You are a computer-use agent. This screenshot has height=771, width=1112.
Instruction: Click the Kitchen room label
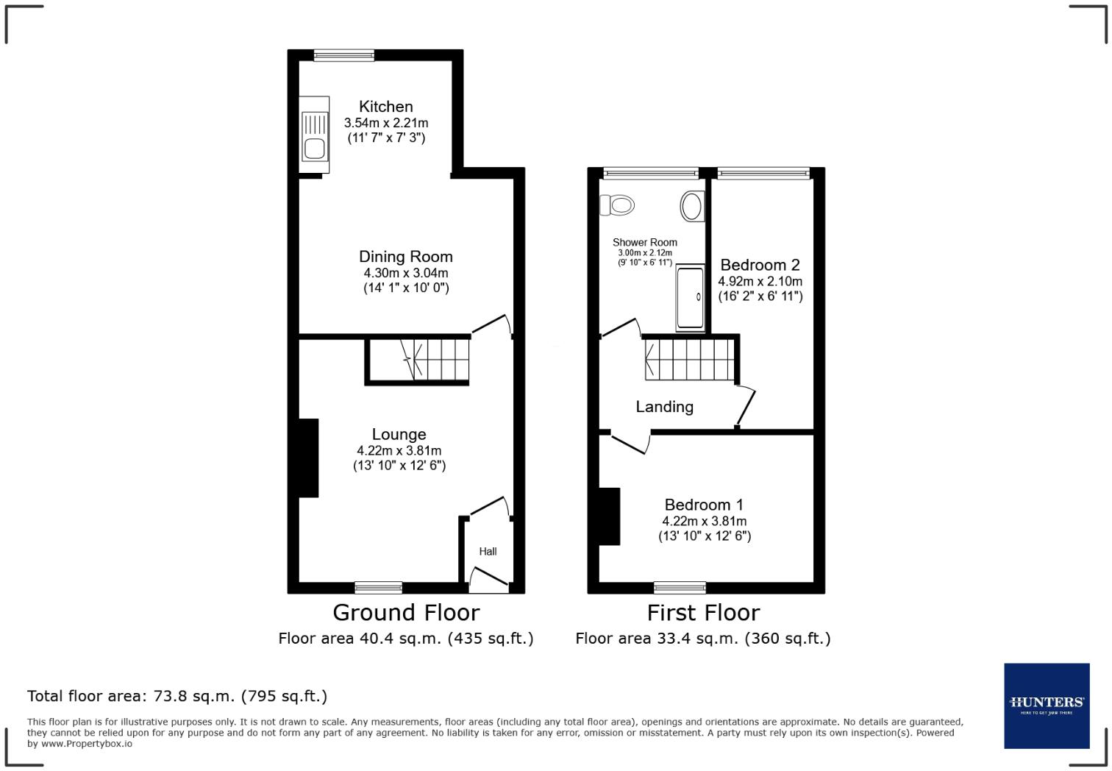click(385, 107)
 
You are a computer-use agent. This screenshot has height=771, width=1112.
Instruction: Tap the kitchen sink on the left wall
click(314, 135)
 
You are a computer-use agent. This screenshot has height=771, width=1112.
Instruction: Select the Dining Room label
click(405, 257)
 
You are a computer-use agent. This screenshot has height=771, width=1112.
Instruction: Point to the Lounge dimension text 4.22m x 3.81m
click(399, 450)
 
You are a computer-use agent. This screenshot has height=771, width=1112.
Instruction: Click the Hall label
click(488, 551)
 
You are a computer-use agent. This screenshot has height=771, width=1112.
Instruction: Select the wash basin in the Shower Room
click(692, 206)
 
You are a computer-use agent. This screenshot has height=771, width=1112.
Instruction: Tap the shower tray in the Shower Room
click(690, 298)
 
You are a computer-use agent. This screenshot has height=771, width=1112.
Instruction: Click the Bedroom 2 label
click(760, 265)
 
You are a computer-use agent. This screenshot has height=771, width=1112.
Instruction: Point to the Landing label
click(664, 407)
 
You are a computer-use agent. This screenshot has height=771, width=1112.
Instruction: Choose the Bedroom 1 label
click(704, 505)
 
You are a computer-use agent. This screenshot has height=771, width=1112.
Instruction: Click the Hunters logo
click(1047, 705)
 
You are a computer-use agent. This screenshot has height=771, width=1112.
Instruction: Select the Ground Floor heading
click(406, 612)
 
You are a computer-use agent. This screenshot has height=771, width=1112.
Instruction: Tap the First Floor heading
click(703, 612)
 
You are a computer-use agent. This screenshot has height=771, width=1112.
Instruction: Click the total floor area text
click(177, 696)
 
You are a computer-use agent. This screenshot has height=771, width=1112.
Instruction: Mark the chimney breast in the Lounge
click(308, 458)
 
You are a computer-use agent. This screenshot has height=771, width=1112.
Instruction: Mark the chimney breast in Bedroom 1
click(609, 516)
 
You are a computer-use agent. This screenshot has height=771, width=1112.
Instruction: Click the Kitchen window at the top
click(343, 55)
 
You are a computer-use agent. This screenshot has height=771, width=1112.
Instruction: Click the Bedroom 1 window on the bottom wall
click(680, 587)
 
